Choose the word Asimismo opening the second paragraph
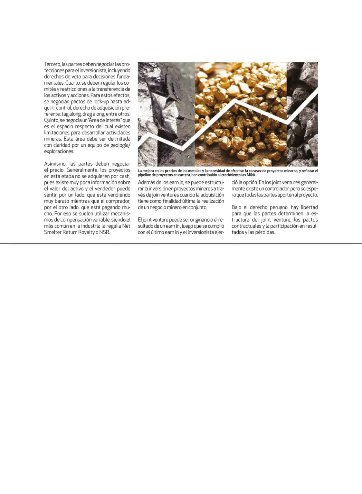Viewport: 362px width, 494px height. tap(55, 164)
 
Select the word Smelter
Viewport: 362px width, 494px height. tap(52, 232)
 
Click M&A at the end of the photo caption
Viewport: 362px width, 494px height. tap(251, 175)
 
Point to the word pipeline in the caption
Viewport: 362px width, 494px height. tap(144, 175)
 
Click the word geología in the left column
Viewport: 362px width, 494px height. tap(117, 145)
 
